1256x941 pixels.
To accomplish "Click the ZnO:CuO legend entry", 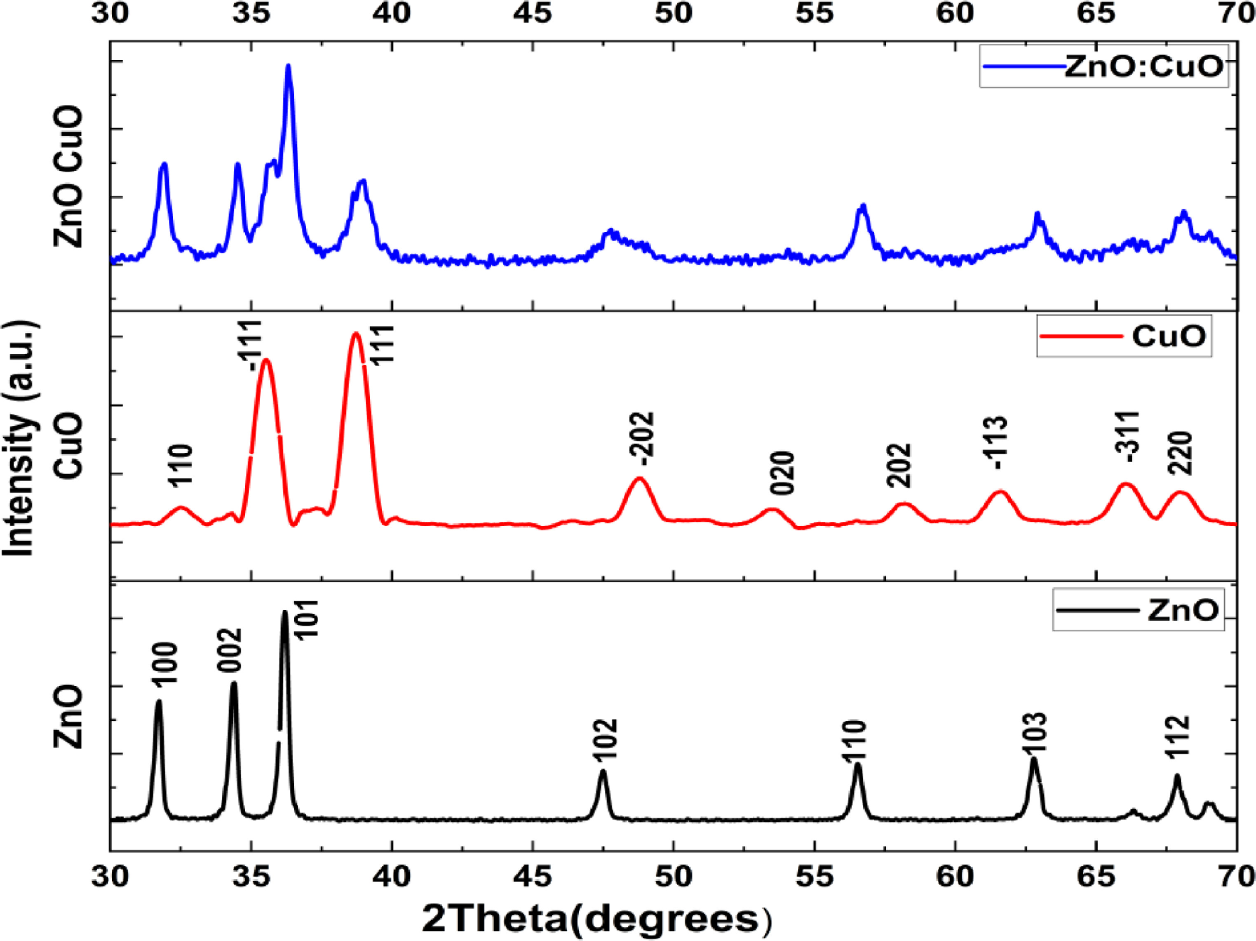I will (1104, 67).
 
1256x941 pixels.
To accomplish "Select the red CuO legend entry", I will (1124, 336).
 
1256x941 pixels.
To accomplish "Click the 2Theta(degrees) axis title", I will (596, 920).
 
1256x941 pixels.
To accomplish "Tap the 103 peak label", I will (1035, 734).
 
